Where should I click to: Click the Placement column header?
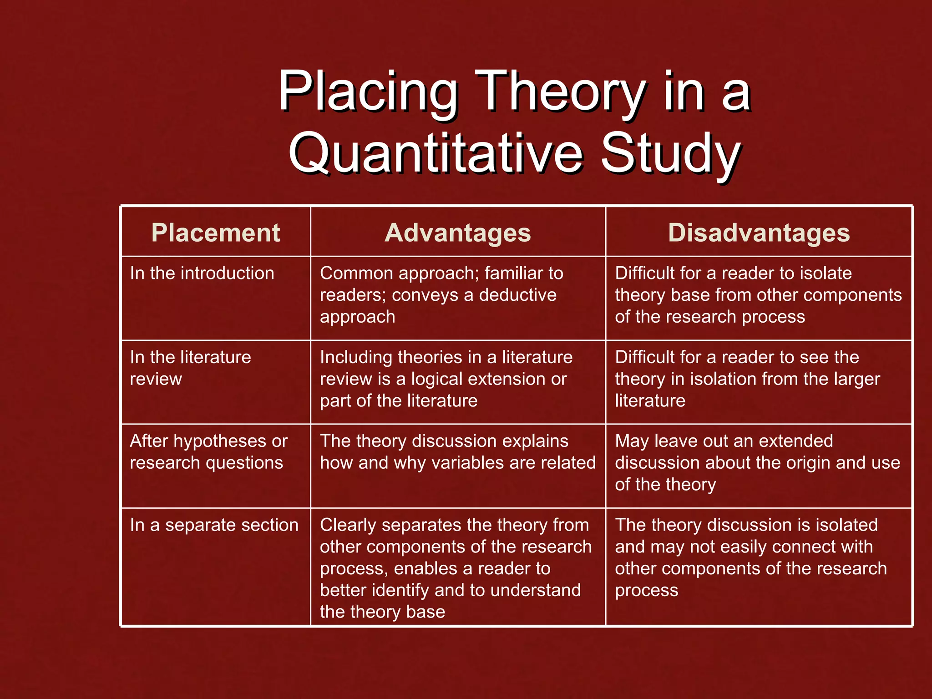tap(215, 233)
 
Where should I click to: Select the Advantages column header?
tap(458, 233)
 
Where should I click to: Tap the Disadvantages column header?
tap(759, 233)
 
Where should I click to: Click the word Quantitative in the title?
tap(436, 153)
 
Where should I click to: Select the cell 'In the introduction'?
tap(202, 274)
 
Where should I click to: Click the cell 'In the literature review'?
tap(190, 368)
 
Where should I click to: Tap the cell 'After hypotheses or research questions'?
tap(208, 452)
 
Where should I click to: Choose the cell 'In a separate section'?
tap(214, 525)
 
